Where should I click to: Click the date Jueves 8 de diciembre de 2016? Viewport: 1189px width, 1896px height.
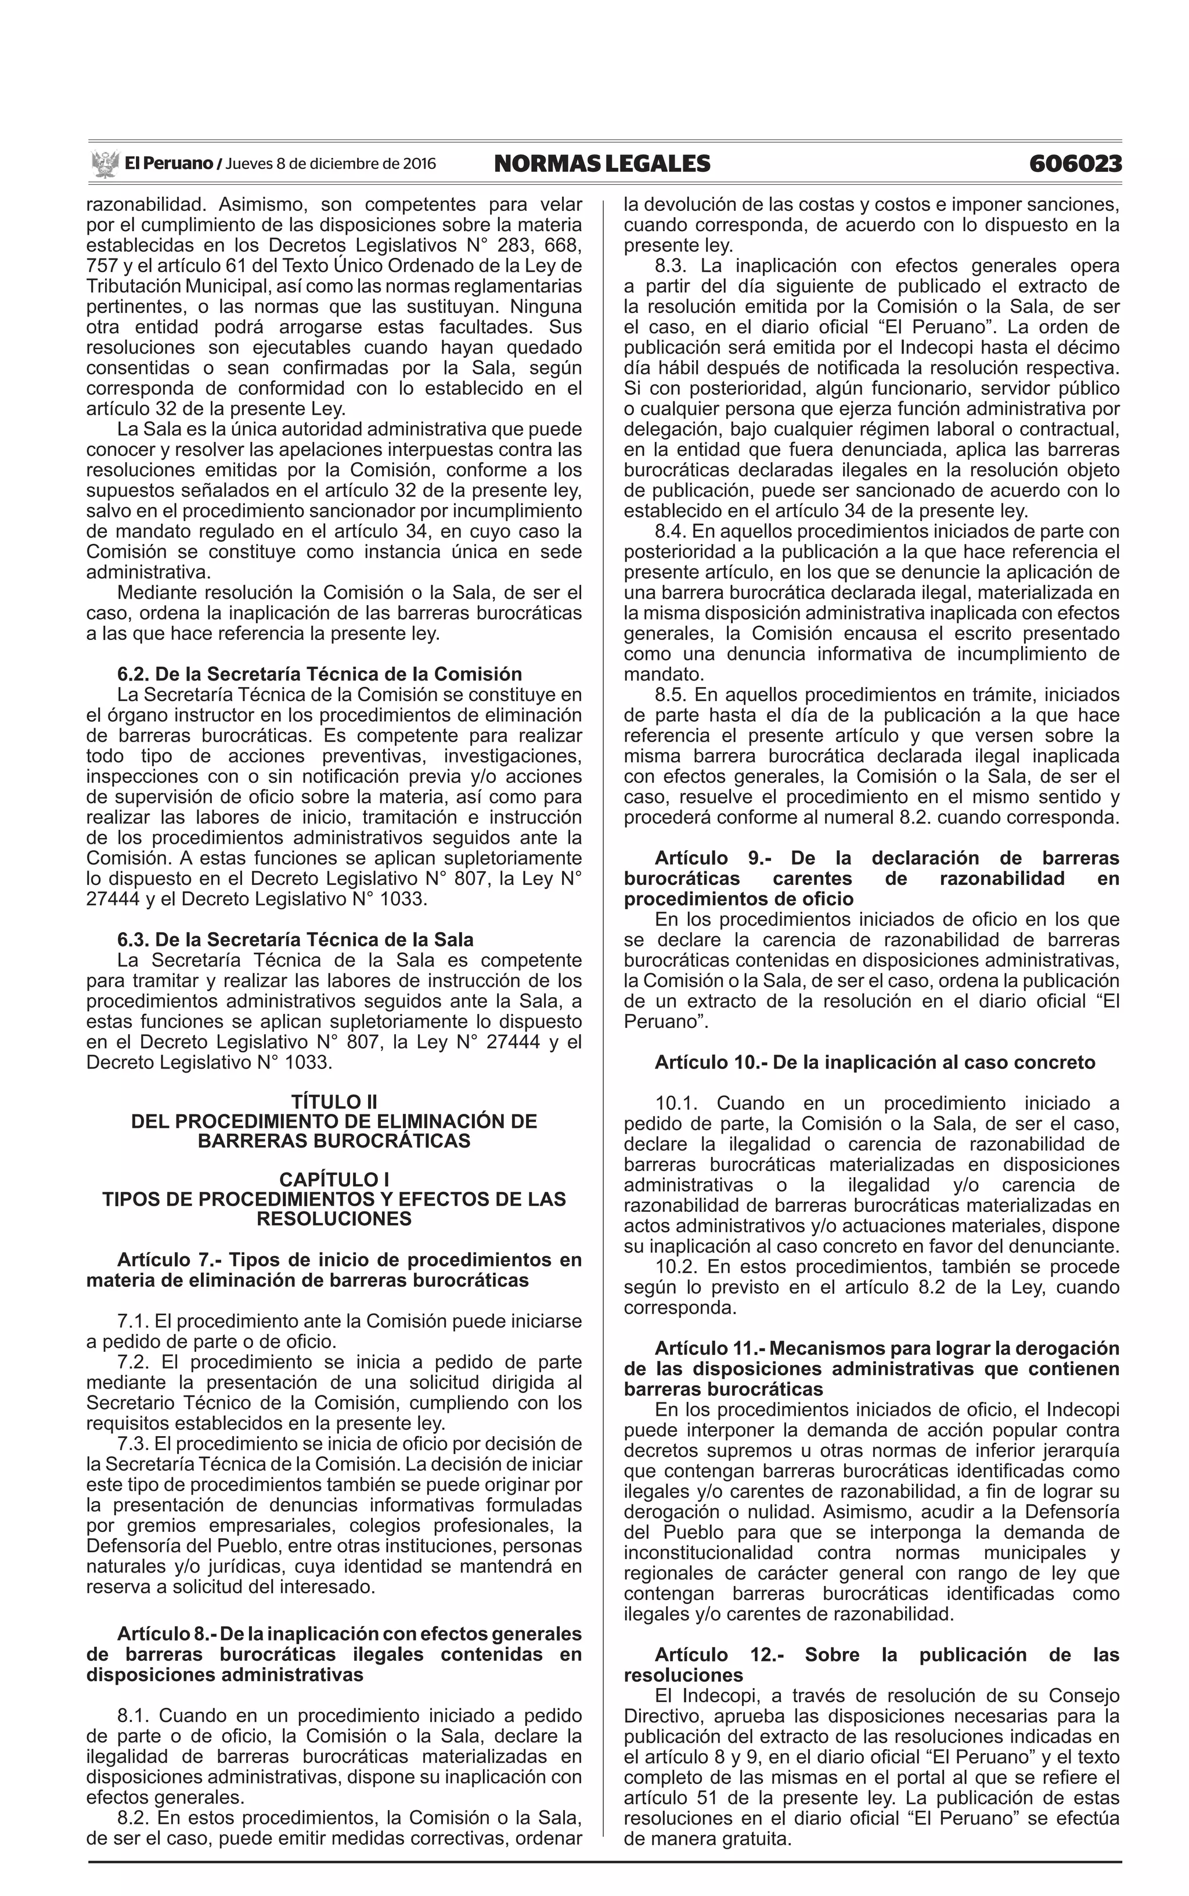pyautogui.click(x=330, y=164)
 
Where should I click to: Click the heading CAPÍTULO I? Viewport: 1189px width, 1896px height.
pyautogui.click(x=334, y=1179)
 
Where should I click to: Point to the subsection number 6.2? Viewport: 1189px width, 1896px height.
pyautogui.click(x=132, y=674)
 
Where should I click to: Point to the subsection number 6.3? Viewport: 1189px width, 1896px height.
pyautogui.click(x=132, y=940)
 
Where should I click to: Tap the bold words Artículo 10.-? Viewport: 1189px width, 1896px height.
pyautogui.click(x=710, y=1063)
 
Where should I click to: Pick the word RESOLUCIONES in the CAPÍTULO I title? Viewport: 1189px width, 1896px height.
pyautogui.click(x=334, y=1219)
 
